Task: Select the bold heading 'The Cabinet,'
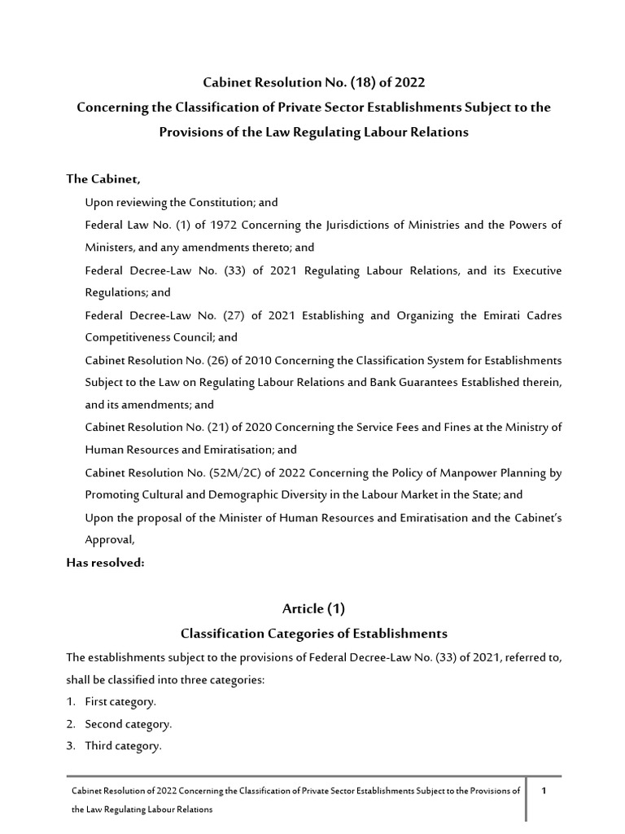tap(97, 179)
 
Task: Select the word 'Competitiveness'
tap(125, 337)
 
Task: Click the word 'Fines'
tap(431, 428)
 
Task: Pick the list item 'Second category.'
tap(128, 724)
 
